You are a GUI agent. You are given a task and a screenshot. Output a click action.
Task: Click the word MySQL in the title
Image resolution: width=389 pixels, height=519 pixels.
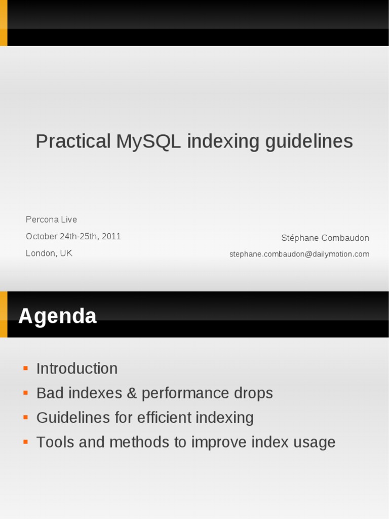pyautogui.click(x=148, y=141)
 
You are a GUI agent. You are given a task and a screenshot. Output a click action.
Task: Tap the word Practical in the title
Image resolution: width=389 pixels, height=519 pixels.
pyautogui.click(x=73, y=141)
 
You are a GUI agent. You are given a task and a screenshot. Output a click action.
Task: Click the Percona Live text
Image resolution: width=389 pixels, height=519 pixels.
pyautogui.click(x=51, y=219)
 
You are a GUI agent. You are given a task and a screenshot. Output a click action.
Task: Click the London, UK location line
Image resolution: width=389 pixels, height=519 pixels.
pyautogui.click(x=49, y=253)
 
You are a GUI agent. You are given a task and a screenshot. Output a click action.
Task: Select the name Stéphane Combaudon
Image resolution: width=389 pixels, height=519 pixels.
pyautogui.click(x=325, y=238)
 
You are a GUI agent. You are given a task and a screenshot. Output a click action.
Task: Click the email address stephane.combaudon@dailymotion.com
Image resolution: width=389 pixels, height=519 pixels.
pyautogui.click(x=299, y=254)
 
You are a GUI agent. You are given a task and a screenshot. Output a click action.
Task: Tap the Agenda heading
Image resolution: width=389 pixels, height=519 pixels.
pyautogui.click(x=57, y=316)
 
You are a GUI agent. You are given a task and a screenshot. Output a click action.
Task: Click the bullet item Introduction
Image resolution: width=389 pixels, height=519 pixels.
pyautogui.click(x=77, y=368)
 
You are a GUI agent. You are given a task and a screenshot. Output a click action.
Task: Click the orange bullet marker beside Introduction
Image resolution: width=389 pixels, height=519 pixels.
pyautogui.click(x=25, y=368)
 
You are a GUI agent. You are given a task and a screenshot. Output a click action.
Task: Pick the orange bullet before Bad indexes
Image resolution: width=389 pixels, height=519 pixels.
pyautogui.click(x=25, y=393)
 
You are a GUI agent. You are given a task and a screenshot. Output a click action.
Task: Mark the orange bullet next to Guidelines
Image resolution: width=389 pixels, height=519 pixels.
pyautogui.click(x=25, y=417)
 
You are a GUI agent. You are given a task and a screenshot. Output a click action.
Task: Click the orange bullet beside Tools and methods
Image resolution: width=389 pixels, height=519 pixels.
pyautogui.click(x=25, y=442)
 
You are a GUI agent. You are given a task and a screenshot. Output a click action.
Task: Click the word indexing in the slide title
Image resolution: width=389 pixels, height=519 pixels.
pyautogui.click(x=223, y=141)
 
